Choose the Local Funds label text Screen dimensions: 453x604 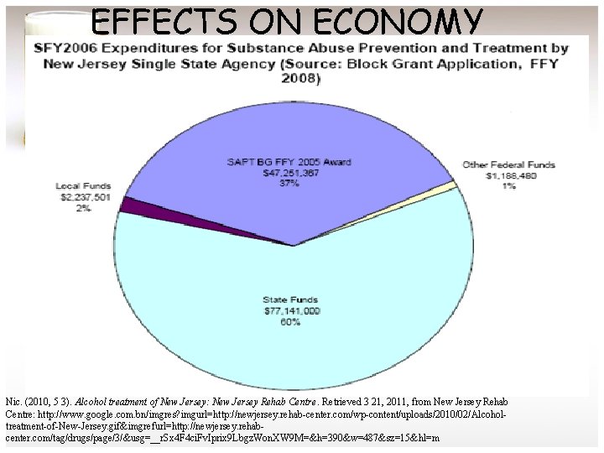(x=80, y=186)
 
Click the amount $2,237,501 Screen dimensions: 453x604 (x=80, y=196)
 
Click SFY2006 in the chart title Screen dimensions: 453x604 (x=66, y=47)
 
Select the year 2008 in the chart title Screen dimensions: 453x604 (x=300, y=78)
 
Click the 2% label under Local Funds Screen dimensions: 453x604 (x=82, y=207)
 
